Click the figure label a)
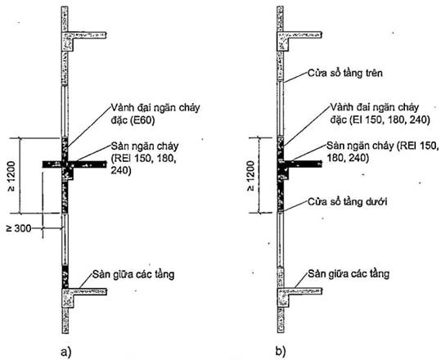point(66,352)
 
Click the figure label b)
point(281,351)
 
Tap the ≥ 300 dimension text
point(19,228)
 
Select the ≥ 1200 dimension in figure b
point(251,176)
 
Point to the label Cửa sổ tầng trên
point(345,73)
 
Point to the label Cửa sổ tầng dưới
point(348,201)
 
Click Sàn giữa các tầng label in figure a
point(133,274)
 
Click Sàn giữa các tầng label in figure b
point(349,273)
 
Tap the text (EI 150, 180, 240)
point(389,120)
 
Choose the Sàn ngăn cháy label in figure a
point(145,146)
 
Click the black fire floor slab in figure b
point(304,164)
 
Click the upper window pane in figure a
point(65,111)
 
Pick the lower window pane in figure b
point(281,239)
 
